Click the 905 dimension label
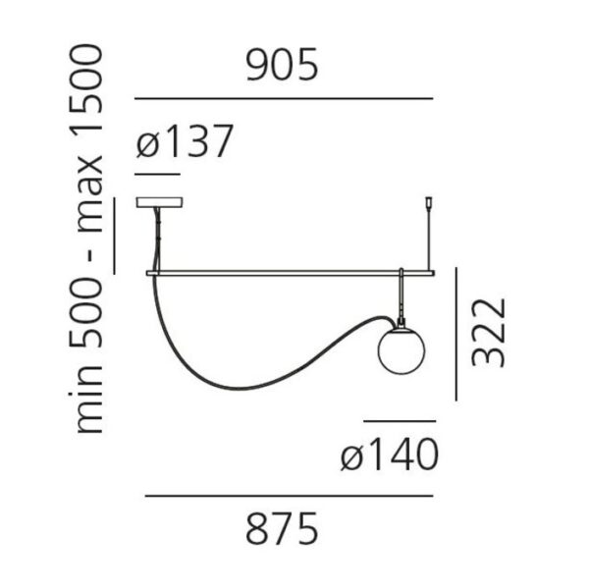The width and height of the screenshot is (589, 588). click(282, 64)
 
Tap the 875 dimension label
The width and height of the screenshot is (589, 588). click(282, 528)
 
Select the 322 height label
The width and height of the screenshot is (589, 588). click(488, 333)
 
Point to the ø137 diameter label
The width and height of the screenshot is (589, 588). click(185, 141)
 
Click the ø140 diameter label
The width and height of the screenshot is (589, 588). click(390, 454)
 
